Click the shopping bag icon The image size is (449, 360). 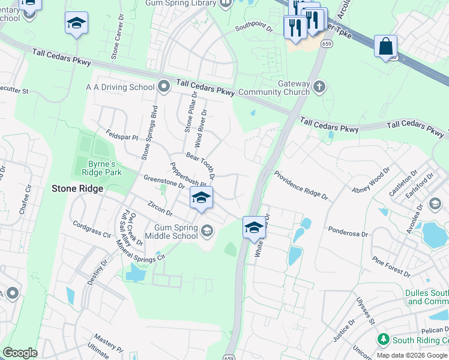[385, 46]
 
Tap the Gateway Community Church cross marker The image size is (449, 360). [319, 87]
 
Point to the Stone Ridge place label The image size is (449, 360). [77, 188]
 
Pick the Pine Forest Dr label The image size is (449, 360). [390, 266]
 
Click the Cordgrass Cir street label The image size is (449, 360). [92, 229]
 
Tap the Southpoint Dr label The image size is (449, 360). [253, 28]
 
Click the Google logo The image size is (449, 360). [20, 353]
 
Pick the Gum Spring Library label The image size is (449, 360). [181, 3]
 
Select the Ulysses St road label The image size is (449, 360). [365, 311]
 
